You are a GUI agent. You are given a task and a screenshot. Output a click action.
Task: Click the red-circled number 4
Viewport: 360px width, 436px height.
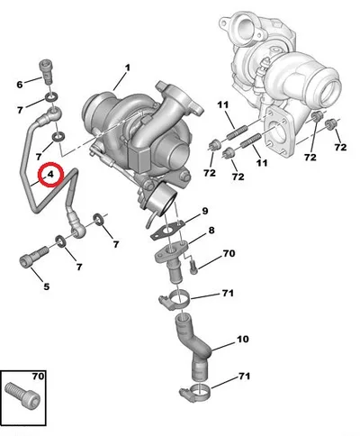point(50,174)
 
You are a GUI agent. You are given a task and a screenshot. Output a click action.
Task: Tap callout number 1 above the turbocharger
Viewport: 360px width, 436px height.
point(128,68)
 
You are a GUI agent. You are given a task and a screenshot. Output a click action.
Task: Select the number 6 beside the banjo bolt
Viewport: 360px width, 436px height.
point(20,85)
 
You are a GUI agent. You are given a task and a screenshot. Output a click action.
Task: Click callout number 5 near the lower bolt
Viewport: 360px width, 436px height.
point(46,286)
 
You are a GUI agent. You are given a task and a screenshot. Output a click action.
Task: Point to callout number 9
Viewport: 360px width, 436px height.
point(205,211)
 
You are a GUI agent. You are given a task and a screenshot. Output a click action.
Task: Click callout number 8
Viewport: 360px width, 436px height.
point(211,231)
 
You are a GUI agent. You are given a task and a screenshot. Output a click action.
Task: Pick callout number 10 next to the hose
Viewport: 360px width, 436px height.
point(243,340)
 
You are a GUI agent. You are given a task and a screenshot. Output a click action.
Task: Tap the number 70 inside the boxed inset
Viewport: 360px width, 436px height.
point(38,377)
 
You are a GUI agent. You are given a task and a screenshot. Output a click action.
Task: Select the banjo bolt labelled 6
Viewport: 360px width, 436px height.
point(47,72)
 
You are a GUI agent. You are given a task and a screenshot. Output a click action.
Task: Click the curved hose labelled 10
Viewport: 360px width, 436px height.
point(192,345)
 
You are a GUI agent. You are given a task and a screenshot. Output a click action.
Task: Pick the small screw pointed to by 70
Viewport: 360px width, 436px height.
point(193,267)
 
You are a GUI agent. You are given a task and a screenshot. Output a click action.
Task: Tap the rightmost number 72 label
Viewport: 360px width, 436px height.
point(340,147)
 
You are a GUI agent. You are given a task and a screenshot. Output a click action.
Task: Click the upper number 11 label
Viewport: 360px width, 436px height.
point(223,105)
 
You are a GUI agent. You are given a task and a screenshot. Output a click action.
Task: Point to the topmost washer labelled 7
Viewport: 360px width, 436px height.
point(52,97)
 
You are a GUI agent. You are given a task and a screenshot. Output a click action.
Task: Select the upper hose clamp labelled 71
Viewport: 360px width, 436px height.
point(175,300)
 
